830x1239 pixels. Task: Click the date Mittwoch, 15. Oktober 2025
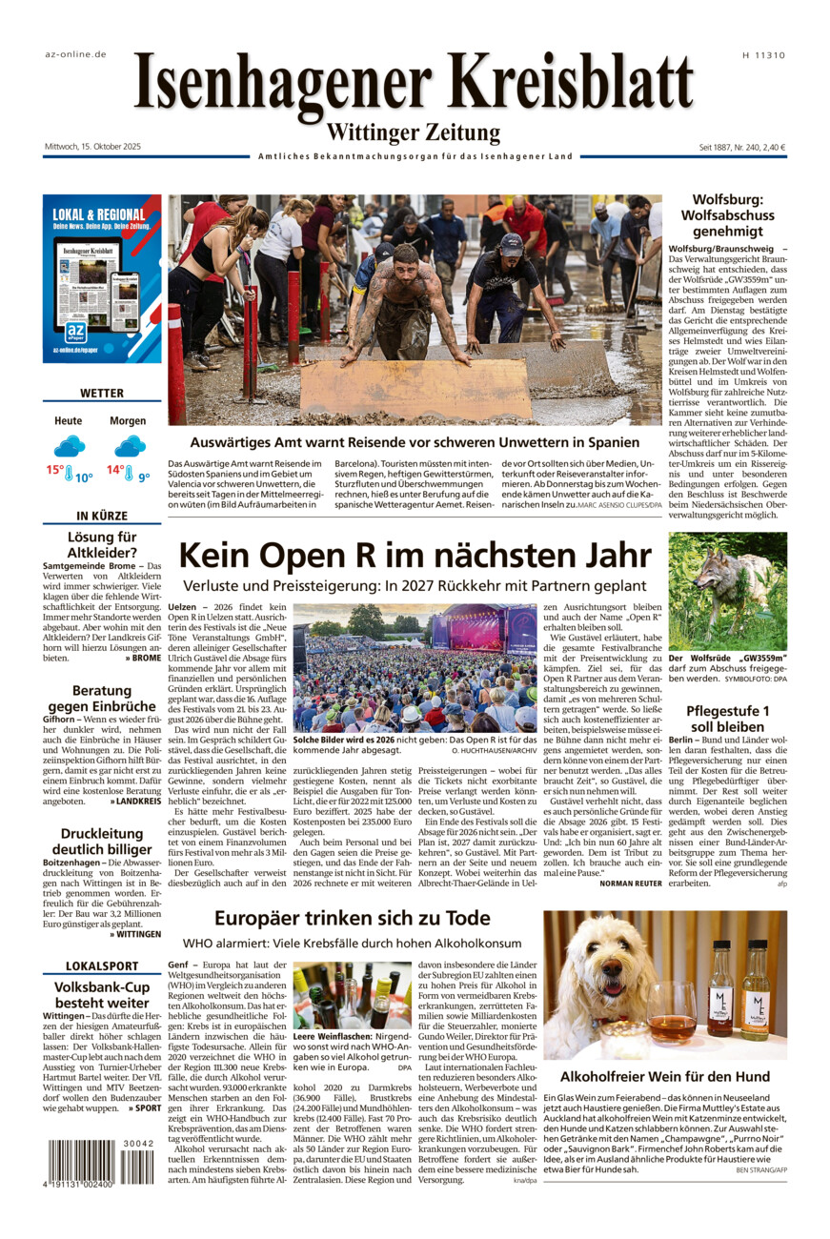click(92, 147)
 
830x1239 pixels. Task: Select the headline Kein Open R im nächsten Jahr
click(415, 555)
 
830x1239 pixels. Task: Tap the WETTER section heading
click(102, 393)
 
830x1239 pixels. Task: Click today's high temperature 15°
click(55, 470)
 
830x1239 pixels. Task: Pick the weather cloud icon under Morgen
click(129, 446)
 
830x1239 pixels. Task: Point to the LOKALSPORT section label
click(102, 966)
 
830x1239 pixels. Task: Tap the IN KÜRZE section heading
click(102, 517)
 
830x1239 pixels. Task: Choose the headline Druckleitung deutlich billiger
click(102, 842)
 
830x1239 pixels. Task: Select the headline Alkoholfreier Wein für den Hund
click(665, 1076)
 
